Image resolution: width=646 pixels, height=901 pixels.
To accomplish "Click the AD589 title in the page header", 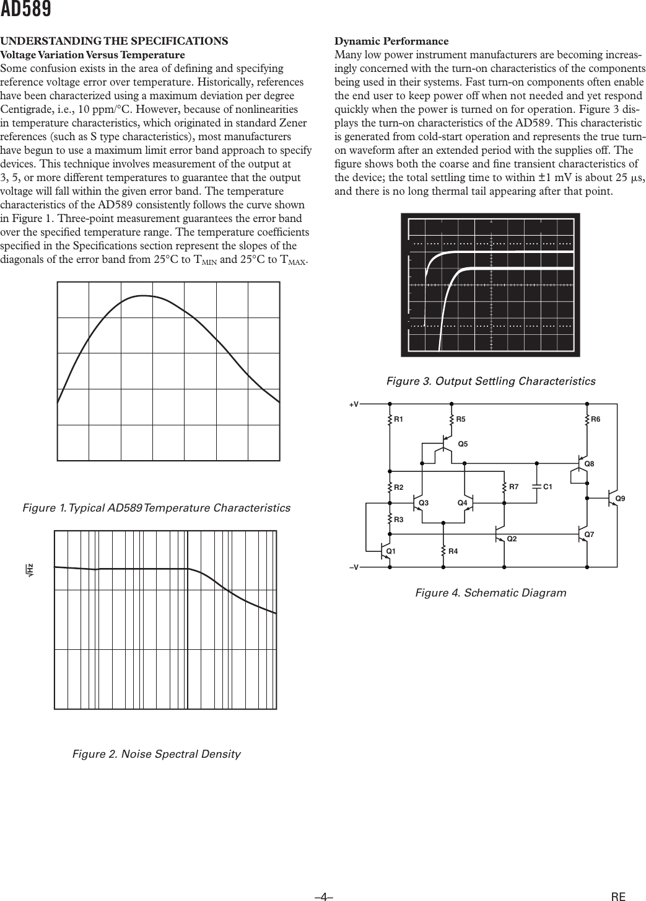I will click(25, 10).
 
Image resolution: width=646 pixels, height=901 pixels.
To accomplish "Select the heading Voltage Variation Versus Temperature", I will click(92, 55).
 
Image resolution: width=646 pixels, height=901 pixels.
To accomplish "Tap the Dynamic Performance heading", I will click(391, 42).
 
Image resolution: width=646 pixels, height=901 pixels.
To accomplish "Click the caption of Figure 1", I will click(156, 508).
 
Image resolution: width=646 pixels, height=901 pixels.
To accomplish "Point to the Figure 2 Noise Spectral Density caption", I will click(157, 754).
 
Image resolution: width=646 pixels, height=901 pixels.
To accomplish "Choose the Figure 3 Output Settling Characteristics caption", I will click(491, 381).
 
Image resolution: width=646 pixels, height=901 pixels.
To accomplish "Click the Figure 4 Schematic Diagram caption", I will click(491, 593).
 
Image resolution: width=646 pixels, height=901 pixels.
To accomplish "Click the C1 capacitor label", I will click(548, 487).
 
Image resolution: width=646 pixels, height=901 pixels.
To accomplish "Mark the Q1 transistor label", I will click(391, 551).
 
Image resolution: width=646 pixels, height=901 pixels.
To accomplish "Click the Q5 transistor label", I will click(463, 444).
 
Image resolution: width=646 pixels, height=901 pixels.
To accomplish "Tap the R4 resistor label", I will click(453, 551).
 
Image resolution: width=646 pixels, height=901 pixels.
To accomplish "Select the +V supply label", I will click(354, 404).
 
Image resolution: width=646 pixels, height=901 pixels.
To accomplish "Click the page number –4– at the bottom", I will click(324, 896).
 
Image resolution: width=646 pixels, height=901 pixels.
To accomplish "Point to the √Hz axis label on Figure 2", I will click(29, 568).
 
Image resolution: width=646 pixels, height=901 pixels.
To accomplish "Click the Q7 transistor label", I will click(590, 534).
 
